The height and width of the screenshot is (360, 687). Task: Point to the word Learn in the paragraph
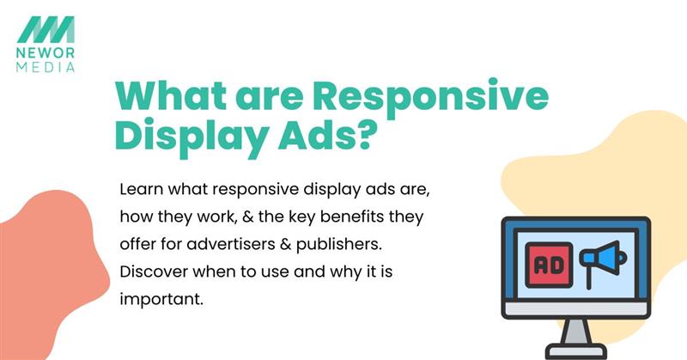click(141, 187)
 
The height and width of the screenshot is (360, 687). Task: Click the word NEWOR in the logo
click(50, 53)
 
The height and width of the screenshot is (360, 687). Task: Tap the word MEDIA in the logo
click(50, 65)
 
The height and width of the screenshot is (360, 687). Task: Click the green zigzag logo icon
click(50, 29)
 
